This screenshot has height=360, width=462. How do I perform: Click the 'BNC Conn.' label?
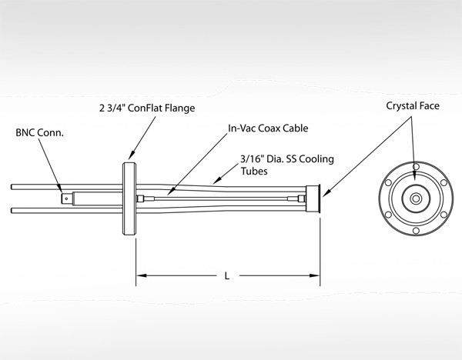(39, 132)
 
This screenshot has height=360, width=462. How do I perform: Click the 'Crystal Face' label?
(413, 105)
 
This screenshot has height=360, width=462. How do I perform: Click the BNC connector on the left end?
(69, 198)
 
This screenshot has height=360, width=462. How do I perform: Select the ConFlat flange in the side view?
(128, 199)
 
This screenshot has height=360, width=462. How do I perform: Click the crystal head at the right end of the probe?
(313, 199)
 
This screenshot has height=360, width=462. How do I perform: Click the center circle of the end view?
(416, 199)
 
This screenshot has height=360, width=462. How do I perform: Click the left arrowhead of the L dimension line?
(140, 275)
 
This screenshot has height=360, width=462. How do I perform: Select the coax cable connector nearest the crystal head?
(292, 199)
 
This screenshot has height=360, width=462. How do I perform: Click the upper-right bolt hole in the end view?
(444, 183)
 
